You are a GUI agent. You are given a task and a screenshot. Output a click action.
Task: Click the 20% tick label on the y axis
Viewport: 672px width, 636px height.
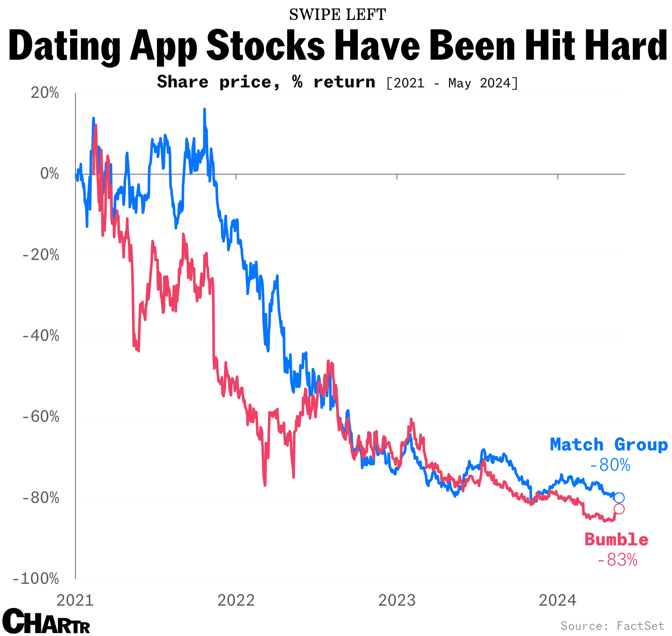(45, 93)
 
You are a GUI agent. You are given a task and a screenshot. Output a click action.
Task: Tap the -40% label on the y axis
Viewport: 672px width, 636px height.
(41, 336)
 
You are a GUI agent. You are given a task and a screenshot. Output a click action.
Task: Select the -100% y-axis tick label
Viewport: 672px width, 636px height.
(36, 578)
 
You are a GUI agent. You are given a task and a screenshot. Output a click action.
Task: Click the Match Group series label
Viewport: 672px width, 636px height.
(609, 445)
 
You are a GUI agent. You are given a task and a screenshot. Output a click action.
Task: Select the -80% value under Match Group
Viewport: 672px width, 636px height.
(610, 465)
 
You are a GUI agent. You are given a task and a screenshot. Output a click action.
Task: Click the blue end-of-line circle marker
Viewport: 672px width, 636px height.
(619, 497)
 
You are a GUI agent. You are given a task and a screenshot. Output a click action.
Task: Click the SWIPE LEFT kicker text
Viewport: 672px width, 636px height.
(337, 15)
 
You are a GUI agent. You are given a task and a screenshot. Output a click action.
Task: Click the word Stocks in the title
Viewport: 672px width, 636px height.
(266, 45)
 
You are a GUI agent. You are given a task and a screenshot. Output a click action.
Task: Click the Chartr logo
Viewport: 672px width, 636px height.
(46, 621)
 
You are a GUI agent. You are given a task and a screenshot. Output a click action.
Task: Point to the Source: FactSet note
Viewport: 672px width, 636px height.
(612, 626)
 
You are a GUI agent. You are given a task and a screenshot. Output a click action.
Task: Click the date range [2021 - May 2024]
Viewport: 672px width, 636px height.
(452, 83)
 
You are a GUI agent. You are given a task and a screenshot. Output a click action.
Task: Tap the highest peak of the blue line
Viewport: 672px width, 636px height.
(204, 109)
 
